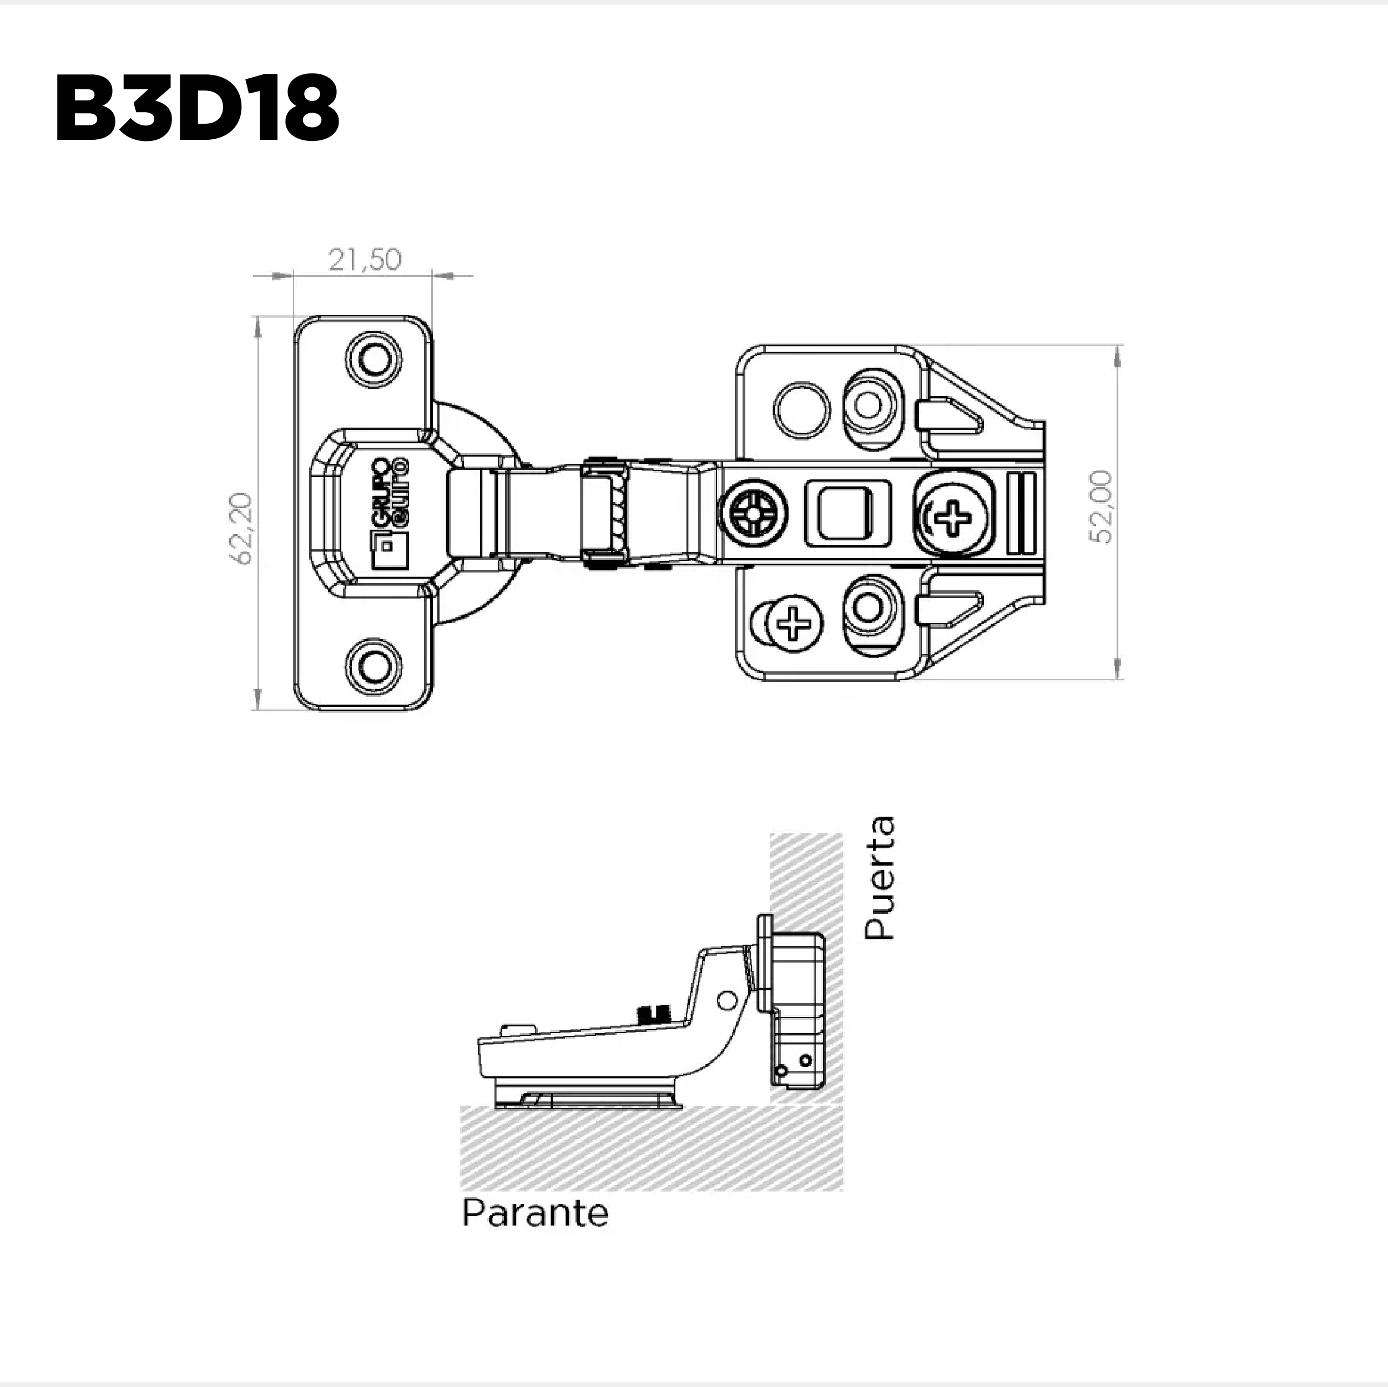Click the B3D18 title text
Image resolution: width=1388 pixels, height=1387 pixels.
click(x=196, y=108)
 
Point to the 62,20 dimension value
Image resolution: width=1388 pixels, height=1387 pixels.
click(x=241, y=529)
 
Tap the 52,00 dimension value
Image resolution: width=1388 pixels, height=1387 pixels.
click(x=1100, y=507)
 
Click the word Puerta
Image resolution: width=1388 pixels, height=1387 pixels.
click(x=880, y=878)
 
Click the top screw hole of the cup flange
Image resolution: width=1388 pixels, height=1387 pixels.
click(x=374, y=358)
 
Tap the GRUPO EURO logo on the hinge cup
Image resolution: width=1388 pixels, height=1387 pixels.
click(x=388, y=512)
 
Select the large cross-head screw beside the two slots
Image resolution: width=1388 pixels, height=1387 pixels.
click(x=953, y=514)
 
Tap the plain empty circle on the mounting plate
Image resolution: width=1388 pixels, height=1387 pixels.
click(x=801, y=410)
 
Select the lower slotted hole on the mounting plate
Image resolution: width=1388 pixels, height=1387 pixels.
click(x=869, y=609)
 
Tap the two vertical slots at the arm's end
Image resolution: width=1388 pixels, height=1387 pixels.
click(x=1022, y=513)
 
